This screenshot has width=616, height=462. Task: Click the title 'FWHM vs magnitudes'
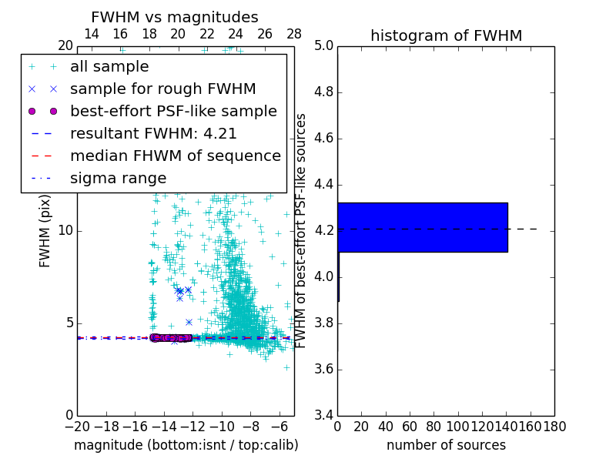pyautogui.click(x=175, y=18)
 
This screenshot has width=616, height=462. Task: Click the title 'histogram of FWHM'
pyautogui.click(x=446, y=35)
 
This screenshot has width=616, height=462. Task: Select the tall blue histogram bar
pyautogui.click(x=422, y=227)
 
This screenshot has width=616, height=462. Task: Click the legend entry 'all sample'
pyautogui.click(x=109, y=67)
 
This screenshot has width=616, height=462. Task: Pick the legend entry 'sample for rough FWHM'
pyautogui.click(x=162, y=89)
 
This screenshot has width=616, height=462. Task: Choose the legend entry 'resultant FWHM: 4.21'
pyautogui.click(x=153, y=133)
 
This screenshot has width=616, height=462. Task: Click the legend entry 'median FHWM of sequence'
pyautogui.click(x=175, y=156)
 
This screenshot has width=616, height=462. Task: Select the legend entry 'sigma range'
pyautogui.click(x=118, y=178)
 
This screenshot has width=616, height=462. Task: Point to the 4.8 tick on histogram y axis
pyautogui.click(x=323, y=92)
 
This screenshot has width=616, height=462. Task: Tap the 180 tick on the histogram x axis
pyautogui.click(x=555, y=427)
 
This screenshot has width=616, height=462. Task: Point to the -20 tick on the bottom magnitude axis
pyautogui.click(x=77, y=427)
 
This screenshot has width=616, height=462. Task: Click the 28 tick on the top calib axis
pyautogui.click(x=294, y=34)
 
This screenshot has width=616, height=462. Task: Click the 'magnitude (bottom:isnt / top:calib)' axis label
pyautogui.click(x=186, y=445)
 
